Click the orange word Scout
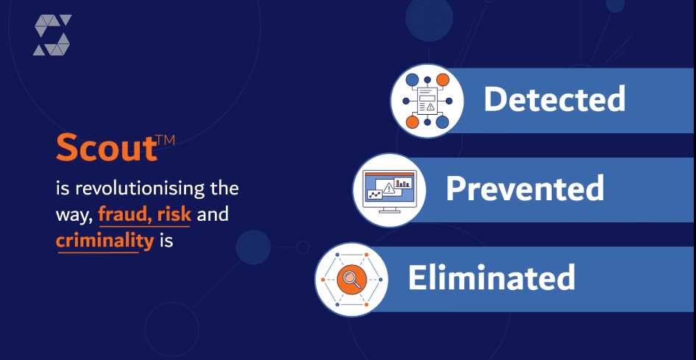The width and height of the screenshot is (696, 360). click(107, 147)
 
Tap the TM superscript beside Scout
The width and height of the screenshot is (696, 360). click(166, 141)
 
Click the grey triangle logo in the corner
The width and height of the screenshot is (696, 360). click(52, 35)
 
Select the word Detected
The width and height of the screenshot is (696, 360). click(555, 99)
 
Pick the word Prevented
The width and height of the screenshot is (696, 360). click(525, 188)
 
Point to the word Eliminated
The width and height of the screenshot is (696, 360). click(491, 278)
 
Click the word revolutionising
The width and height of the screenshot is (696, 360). click(141, 188)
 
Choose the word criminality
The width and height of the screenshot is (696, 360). click(104, 241)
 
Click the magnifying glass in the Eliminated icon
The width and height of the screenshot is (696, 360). click(352, 280)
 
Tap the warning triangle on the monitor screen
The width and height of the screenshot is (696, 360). click(389, 188)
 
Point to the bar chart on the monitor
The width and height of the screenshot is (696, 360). click(403, 183)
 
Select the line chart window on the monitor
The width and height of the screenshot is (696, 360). click(375, 194)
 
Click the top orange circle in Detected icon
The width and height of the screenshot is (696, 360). click(443, 80)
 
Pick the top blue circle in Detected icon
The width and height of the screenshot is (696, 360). click(412, 80)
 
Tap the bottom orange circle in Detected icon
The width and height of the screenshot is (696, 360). click(412, 121)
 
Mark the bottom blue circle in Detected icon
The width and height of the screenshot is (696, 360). click(443, 121)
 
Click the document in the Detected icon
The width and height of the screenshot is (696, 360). click(427, 101)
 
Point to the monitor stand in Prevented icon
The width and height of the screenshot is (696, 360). click(389, 210)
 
